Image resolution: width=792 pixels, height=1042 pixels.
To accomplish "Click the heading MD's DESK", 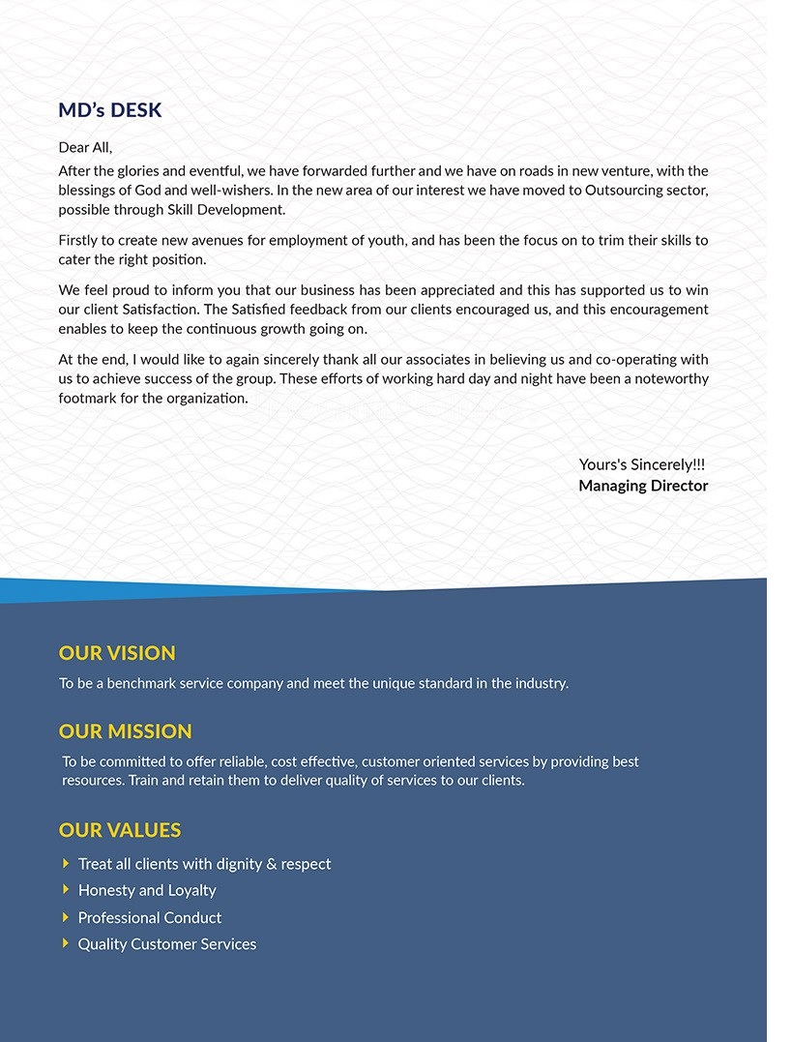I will tap(110, 110).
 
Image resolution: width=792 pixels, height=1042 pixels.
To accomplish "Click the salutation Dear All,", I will tap(85, 148).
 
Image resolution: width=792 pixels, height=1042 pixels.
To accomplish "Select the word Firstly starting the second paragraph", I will tap(81, 240).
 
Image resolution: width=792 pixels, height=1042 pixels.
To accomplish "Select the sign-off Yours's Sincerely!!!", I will tap(642, 465).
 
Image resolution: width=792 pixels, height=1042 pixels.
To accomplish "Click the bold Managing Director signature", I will tap(643, 486).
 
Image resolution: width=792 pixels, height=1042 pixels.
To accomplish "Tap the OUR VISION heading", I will tap(117, 653).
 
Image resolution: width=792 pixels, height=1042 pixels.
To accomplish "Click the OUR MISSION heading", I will tap(126, 731).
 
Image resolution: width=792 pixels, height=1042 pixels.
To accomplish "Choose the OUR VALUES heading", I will tap(120, 830).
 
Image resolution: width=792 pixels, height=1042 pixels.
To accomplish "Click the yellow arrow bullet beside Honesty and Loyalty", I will tap(66, 889).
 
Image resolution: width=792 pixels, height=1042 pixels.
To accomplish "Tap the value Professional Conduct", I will tap(150, 917).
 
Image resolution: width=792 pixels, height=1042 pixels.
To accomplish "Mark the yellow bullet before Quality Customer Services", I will tap(66, 942).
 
